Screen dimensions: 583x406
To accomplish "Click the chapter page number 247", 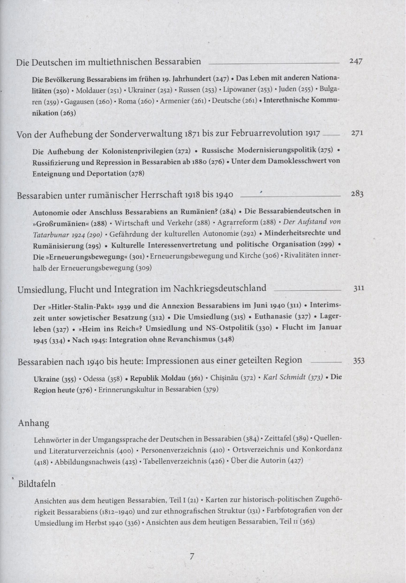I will pyautogui.click(x=356, y=61).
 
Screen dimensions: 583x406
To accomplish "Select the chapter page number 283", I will pyautogui.click(x=357, y=194).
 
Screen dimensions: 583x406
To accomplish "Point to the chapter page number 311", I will pyautogui.click(x=359, y=288).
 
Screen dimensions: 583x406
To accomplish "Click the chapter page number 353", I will pyautogui.click(x=359, y=361).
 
